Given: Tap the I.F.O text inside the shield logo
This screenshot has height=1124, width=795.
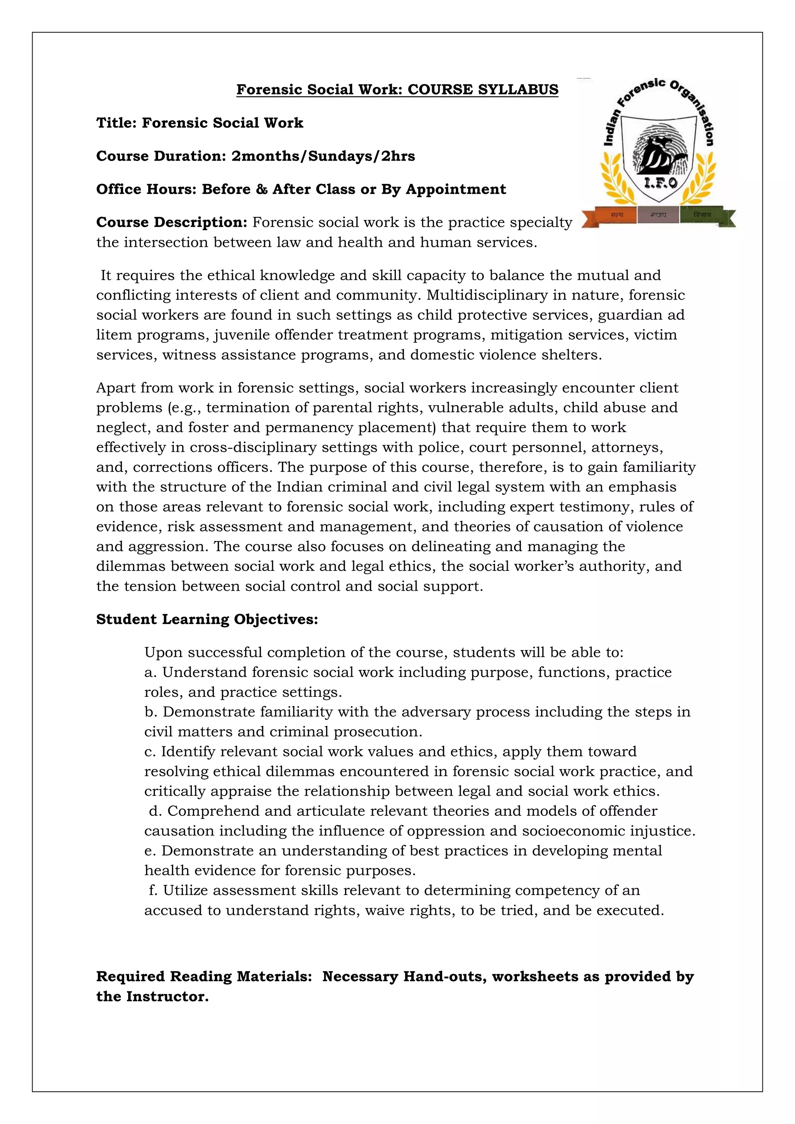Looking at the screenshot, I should [660, 184].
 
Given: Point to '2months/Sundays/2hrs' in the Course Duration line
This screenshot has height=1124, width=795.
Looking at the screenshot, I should [323, 156].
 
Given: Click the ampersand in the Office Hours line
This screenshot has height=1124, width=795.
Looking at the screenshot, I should [261, 189].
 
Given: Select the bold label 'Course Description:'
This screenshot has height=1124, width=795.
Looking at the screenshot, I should [172, 222].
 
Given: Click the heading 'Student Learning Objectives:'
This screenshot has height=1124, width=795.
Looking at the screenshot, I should [207, 619].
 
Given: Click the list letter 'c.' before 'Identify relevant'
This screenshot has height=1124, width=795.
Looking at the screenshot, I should [150, 751].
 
